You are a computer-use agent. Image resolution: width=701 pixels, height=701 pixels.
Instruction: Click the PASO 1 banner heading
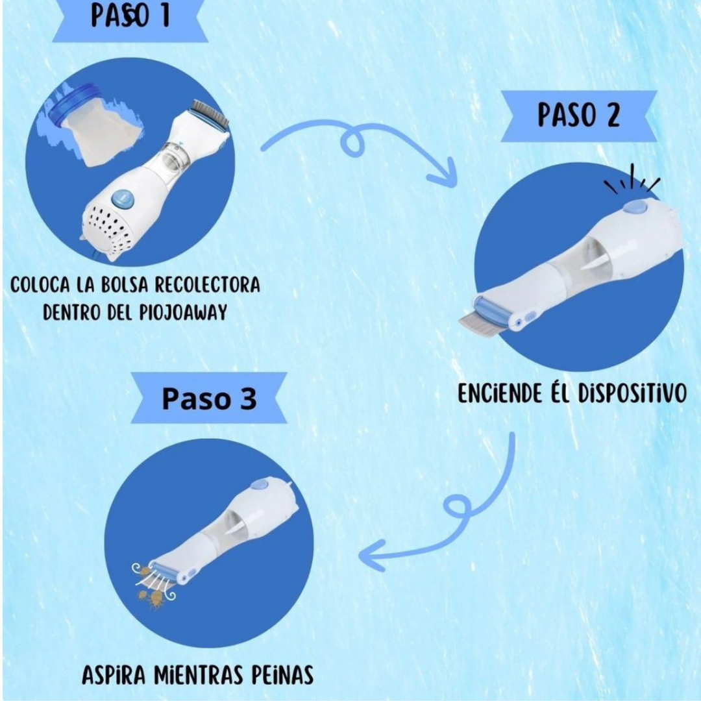[x=130, y=16]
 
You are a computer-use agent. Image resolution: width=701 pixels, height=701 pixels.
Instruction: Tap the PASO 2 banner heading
[x=578, y=116]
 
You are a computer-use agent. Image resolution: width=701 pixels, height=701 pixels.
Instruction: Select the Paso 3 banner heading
[x=209, y=399]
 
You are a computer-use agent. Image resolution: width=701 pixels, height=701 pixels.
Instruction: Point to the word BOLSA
[x=124, y=285]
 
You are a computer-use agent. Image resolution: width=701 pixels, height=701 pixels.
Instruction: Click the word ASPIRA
[x=114, y=674]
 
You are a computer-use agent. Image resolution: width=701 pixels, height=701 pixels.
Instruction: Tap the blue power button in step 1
[x=123, y=199]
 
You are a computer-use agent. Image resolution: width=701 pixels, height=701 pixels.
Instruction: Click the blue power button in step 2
[x=635, y=207]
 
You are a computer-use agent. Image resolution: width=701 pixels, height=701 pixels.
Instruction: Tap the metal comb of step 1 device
[x=210, y=114]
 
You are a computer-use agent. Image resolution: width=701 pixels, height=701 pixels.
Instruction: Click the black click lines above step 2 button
[x=632, y=179]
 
